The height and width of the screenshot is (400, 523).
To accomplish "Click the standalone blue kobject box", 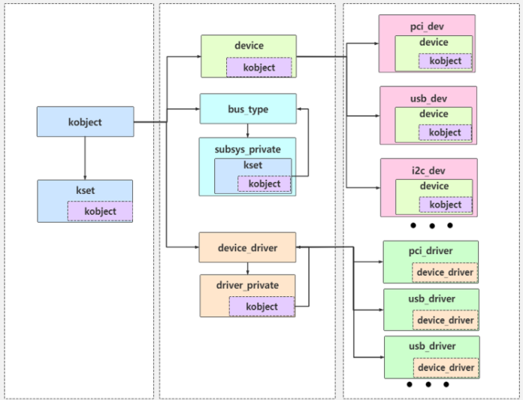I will point(85,122).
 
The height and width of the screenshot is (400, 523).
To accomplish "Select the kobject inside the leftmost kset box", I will point(100,211).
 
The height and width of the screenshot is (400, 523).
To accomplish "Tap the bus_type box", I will point(248,109).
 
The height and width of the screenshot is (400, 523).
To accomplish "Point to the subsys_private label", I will point(247,149).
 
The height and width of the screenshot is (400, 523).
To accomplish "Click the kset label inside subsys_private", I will point(252,165).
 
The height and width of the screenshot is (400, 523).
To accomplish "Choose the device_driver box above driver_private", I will point(247,247).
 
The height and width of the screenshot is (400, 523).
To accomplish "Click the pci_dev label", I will point(426,26).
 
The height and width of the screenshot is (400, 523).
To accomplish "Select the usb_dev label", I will point(428,98).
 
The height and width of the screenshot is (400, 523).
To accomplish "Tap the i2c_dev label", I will point(428,170).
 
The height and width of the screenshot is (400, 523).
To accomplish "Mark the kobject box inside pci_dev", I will point(445,61).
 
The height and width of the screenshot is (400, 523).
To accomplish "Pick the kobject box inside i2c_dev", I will point(445,205).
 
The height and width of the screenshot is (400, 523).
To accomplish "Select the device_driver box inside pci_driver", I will point(445,272).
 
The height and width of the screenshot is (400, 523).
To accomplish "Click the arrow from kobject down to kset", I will point(85,159).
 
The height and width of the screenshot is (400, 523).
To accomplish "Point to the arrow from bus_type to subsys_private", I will point(248,130).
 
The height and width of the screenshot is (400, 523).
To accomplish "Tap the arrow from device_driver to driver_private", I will point(248,268).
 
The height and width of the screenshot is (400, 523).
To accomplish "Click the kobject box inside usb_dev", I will point(445,132).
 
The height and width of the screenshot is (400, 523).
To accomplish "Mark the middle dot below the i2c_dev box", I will point(431,225).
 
